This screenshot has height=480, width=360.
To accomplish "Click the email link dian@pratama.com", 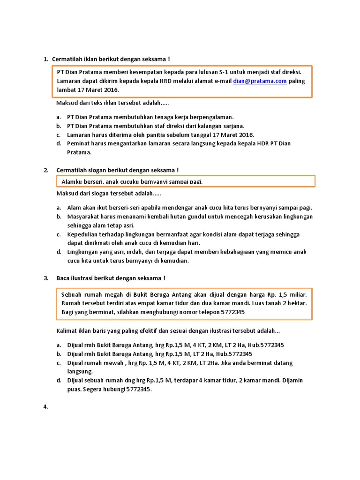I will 260,81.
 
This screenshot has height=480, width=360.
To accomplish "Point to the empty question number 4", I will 46,407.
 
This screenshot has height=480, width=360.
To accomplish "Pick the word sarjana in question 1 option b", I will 233,126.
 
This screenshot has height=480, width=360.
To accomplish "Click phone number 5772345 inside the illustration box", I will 229,312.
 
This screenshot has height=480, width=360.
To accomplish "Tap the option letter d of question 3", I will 59,381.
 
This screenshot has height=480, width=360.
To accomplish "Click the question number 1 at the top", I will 46,59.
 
